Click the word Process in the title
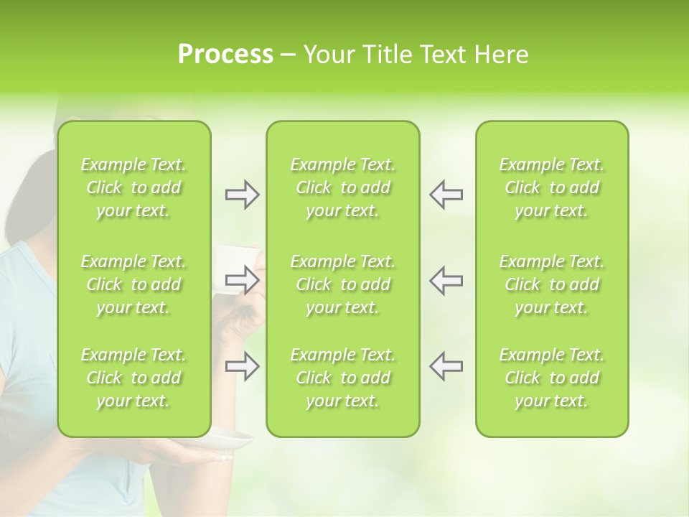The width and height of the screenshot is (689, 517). coord(225,55)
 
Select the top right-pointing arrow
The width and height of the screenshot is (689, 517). coord(243,195)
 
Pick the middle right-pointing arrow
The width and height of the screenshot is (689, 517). coord(243,279)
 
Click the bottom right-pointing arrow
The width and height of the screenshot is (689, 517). coord(243,365)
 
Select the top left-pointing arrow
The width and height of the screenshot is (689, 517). coord(446,195)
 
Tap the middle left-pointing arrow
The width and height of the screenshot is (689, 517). coord(446,279)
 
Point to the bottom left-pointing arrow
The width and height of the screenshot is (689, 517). coord(446,365)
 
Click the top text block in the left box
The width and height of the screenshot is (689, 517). coord(133,187)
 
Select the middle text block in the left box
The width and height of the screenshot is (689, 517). coord(133,284)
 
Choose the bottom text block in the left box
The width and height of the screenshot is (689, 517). coord(133,378)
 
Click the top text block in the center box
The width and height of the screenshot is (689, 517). coord(343,187)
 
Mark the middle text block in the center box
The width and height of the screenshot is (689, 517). coord(343,284)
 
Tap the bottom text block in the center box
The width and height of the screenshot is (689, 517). coord(343,378)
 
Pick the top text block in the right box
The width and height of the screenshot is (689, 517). coord(552,187)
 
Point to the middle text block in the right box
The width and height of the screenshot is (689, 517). coord(552,284)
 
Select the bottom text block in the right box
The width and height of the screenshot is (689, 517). coord(552,378)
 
